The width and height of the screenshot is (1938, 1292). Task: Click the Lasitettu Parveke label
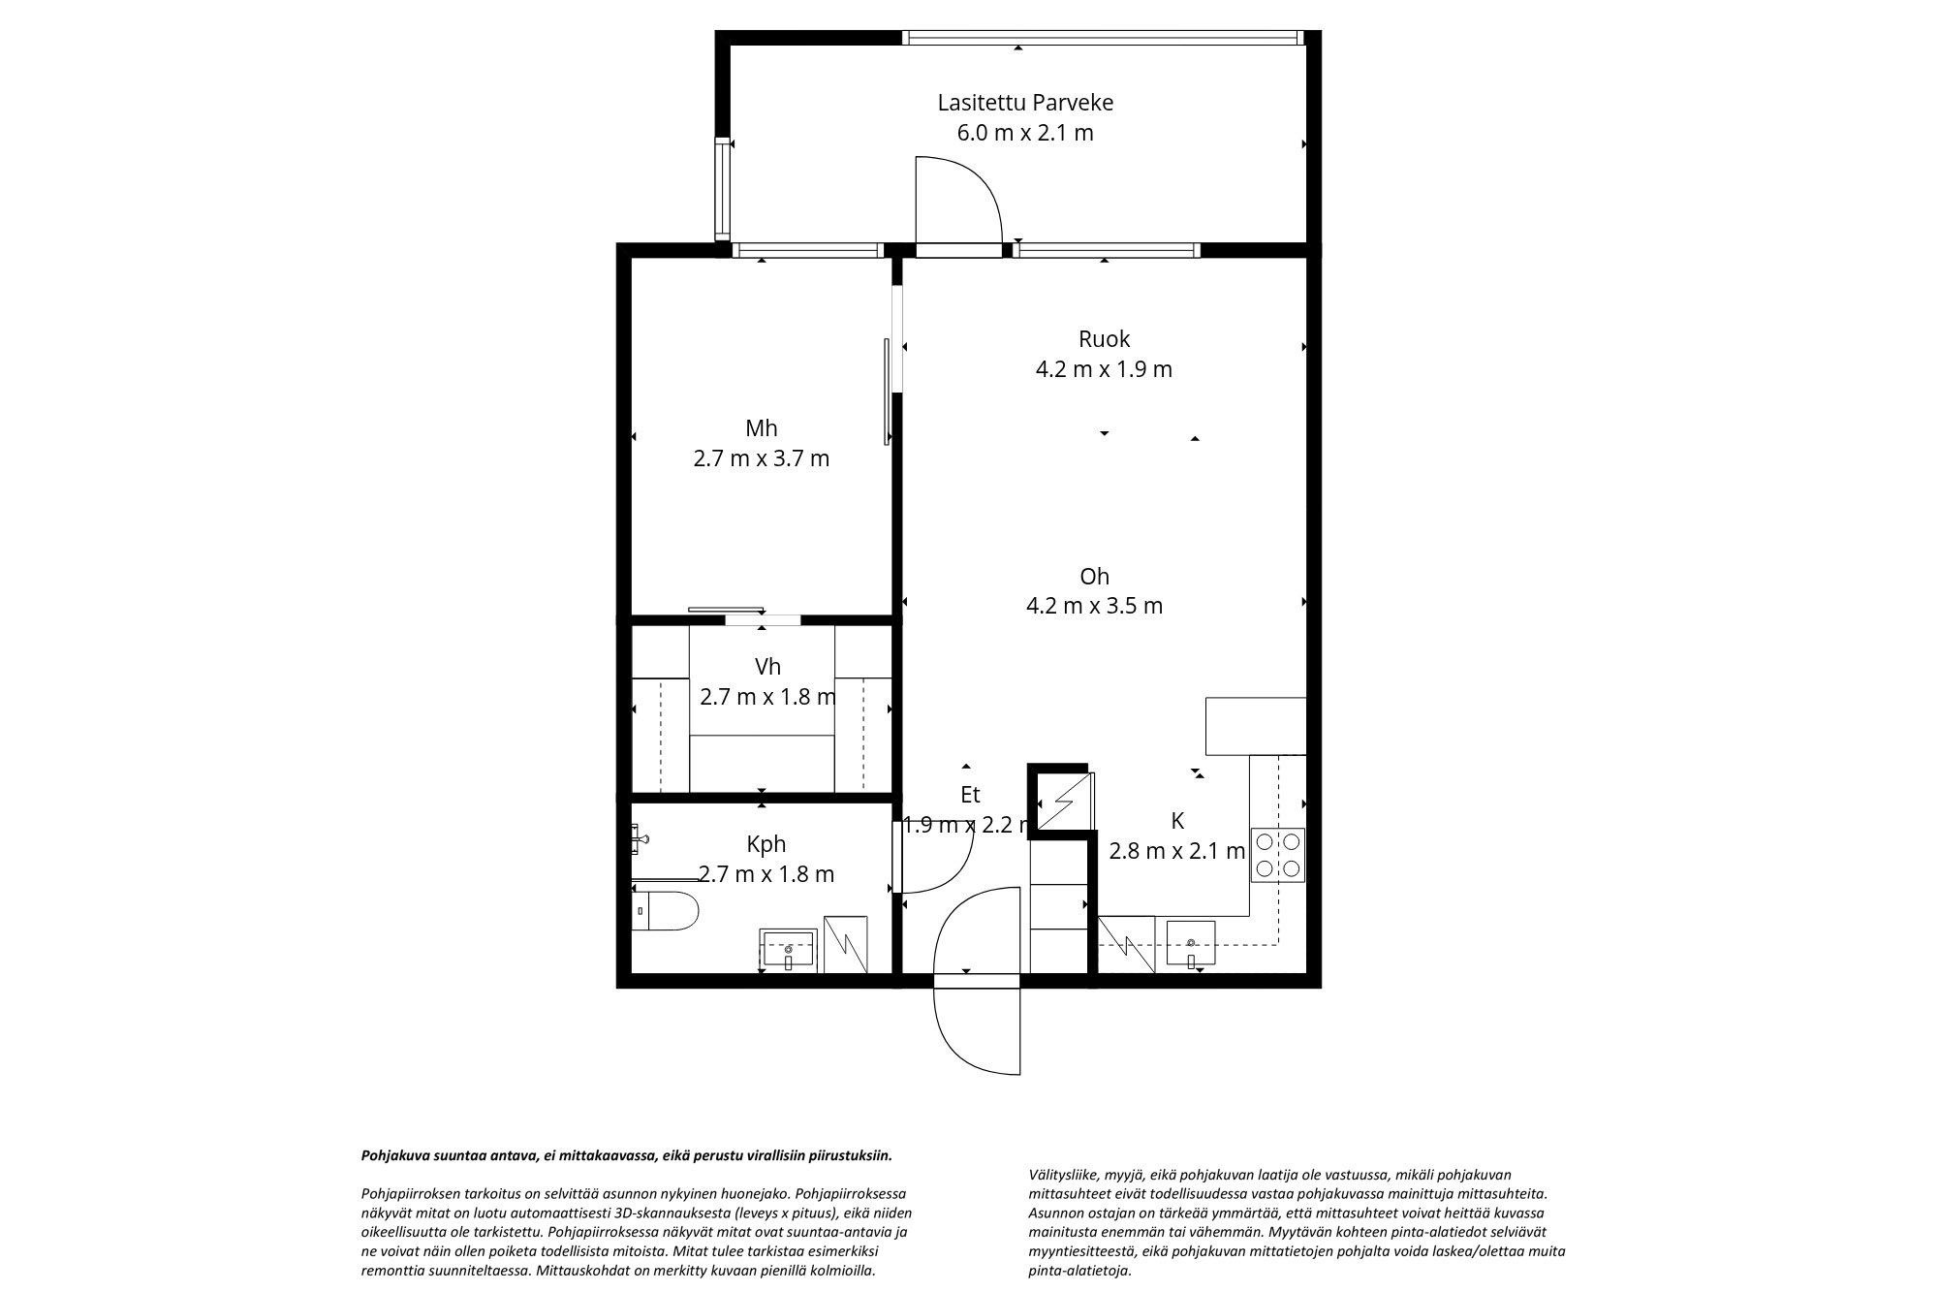tap(1025, 103)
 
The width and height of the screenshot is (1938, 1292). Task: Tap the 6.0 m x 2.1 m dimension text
tap(1025, 133)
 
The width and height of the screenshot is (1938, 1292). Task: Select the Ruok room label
tap(1104, 339)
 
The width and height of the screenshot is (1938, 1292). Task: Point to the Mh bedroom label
tap(761, 428)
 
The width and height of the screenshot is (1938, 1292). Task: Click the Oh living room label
tap(1094, 577)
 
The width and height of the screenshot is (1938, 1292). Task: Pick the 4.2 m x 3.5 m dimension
tap(1094, 606)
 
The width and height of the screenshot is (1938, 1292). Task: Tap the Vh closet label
tap(767, 667)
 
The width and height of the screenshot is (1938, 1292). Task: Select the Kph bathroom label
tap(766, 844)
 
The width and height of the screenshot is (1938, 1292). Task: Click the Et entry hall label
tap(970, 795)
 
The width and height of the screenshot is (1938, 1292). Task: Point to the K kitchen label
tap(1177, 821)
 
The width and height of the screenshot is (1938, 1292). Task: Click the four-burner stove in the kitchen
tap(1277, 854)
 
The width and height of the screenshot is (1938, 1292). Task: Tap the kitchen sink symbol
tap(1190, 944)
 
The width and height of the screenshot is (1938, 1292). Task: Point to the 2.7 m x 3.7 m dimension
tap(761, 458)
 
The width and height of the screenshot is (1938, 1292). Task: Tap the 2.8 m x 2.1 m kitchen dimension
tap(1177, 851)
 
